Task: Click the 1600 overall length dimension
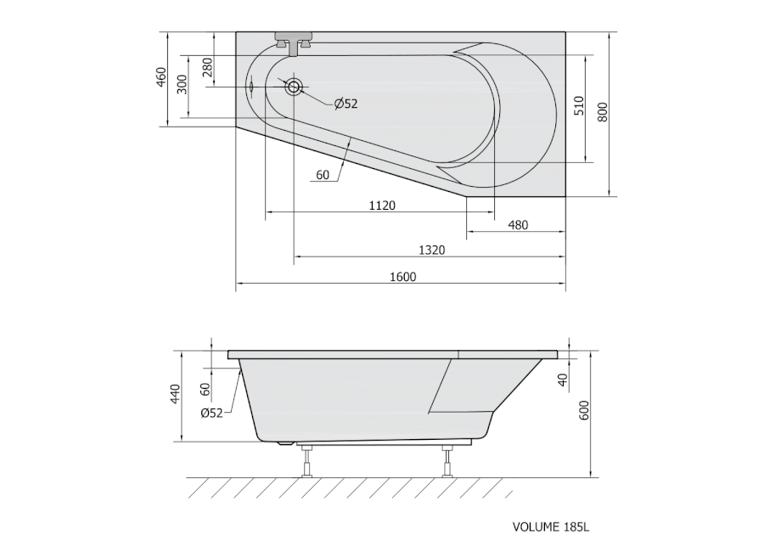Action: [403, 277]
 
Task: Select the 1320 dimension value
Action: [432, 251]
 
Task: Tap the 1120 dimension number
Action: [382, 206]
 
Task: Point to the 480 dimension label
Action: [518, 225]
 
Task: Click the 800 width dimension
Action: [603, 112]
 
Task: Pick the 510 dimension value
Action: [578, 106]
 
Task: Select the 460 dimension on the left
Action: [161, 77]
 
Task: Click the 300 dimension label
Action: [182, 84]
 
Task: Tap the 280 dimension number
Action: [207, 67]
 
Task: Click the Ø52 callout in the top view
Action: [346, 104]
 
